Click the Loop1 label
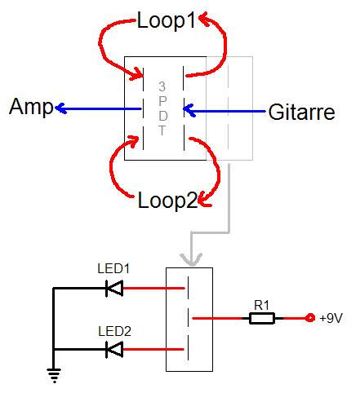[167, 20]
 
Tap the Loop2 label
[167, 201]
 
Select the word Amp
[31, 108]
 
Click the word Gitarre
[301, 112]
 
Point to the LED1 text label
[113, 268]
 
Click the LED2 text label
[114, 331]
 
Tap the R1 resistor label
[261, 305]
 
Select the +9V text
[331, 318]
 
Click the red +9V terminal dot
[309, 318]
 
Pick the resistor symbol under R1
[262, 318]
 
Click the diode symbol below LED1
[114, 288]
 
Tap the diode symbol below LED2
[114, 349]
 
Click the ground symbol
[54, 375]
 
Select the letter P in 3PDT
[162, 101]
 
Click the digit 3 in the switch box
[162, 86]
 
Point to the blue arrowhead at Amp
[61, 108]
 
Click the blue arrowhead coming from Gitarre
[189, 110]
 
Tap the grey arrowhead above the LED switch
[191, 259]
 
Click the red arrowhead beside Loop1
[206, 20]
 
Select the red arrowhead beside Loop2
[205, 201]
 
